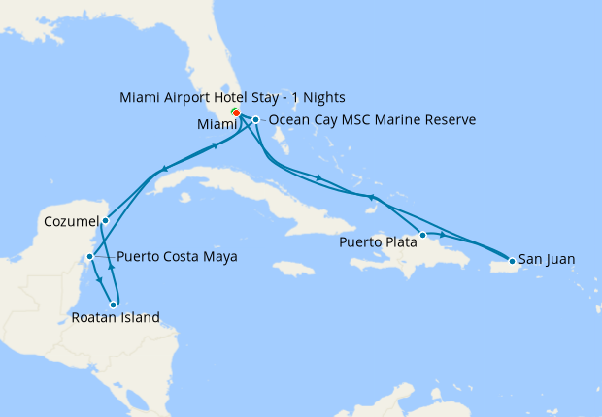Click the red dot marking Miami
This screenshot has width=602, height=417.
pyautogui.click(x=236, y=112)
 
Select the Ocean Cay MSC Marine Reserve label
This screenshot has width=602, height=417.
pyautogui.click(x=371, y=120)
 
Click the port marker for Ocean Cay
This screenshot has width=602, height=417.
pyautogui.click(x=255, y=120)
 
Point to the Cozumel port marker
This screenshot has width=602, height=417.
pyautogui.click(x=105, y=220)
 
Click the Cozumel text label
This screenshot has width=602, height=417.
pyautogui.click(x=70, y=221)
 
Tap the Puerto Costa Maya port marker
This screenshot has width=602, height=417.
pyautogui.click(x=89, y=257)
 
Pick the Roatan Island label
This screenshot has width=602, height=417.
pyautogui.click(x=116, y=316)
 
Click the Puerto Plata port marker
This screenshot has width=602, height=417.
pyautogui.click(x=422, y=235)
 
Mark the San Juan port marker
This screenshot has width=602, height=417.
pyautogui.click(x=512, y=260)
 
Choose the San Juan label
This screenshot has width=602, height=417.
pyautogui.click(x=547, y=259)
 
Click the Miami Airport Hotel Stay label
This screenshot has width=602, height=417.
pyautogui.click(x=232, y=98)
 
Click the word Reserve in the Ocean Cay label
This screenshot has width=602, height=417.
pyautogui.click(x=449, y=120)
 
